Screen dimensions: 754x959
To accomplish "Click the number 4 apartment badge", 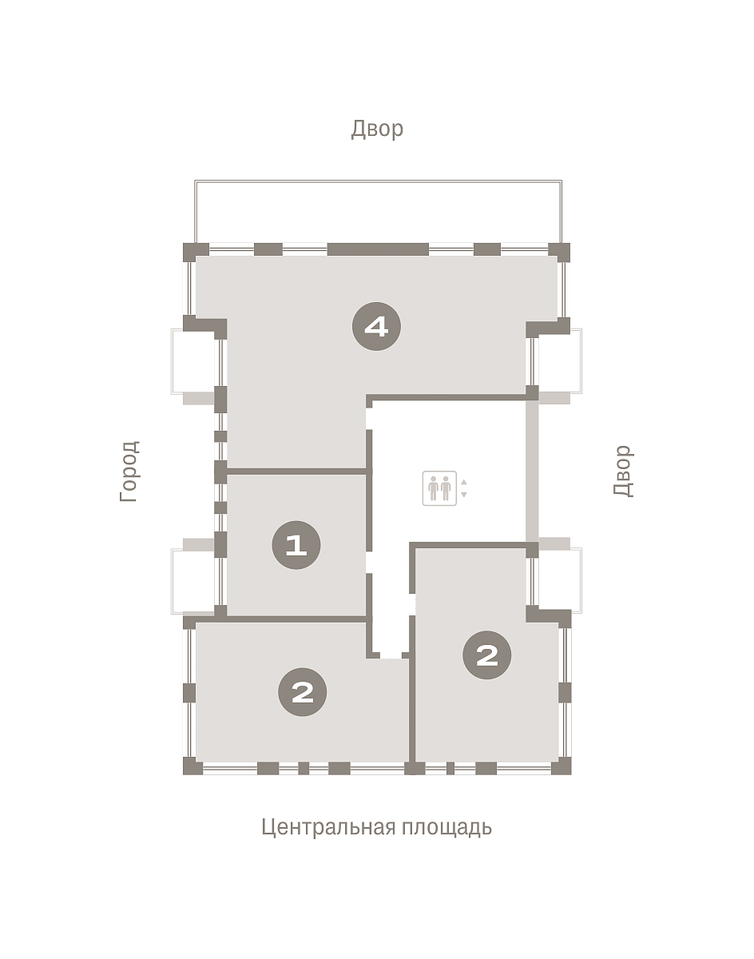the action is tap(376, 327).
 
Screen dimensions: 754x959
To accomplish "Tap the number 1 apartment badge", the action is tap(296, 545).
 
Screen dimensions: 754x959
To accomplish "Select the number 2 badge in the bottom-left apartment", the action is tap(303, 692).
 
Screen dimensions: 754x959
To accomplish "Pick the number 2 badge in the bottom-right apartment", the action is tap(486, 655).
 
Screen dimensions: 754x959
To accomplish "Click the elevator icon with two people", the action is tap(439, 488).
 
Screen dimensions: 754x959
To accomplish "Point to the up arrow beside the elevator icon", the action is tap(463, 482).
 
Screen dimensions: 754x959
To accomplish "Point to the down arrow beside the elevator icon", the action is tap(463, 495).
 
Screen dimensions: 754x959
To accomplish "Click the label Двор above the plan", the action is tap(377, 129).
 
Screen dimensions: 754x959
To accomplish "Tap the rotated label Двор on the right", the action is tap(623, 471).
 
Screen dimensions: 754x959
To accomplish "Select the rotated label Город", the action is tap(129, 472).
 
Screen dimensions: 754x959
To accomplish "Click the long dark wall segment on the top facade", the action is tap(378, 249).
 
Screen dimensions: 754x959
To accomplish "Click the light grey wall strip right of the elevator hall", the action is tap(532, 471).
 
